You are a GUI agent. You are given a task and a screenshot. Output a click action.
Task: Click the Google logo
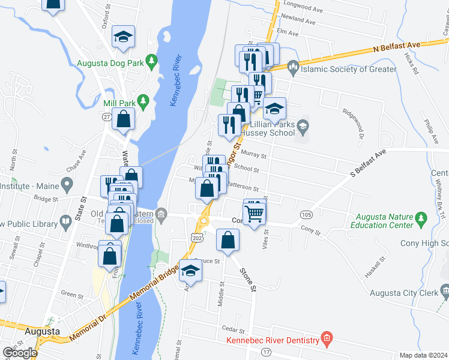pyautogui.click(x=19, y=353)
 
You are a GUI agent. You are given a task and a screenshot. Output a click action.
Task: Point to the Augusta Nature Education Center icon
pyautogui.click(x=421, y=217)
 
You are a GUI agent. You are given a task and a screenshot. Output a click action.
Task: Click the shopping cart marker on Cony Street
pyautogui.click(x=255, y=213)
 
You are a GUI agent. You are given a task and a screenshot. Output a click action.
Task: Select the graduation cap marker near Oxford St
pyautogui.click(x=123, y=37)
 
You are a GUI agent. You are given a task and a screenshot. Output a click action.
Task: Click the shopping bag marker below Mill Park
pyautogui.click(x=123, y=119)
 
